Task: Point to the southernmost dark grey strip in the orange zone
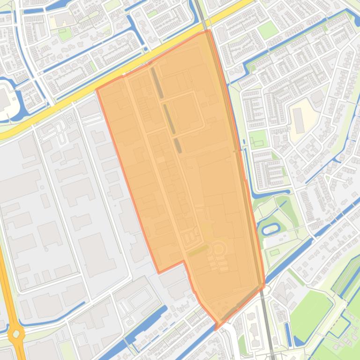click(x=178, y=145)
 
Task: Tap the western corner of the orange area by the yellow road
click(x=97, y=89)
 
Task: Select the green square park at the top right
click(x=268, y=30)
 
